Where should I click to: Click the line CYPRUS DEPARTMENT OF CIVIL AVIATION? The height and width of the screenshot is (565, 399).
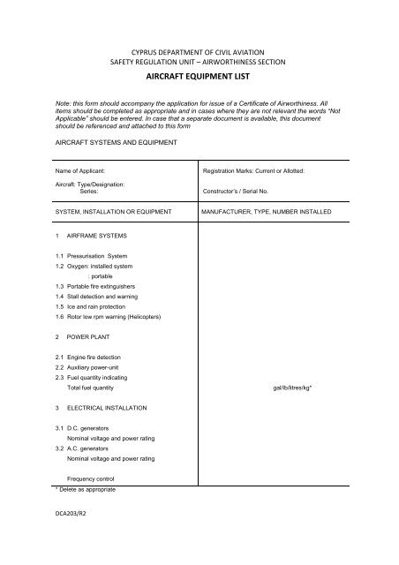(199, 51)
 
